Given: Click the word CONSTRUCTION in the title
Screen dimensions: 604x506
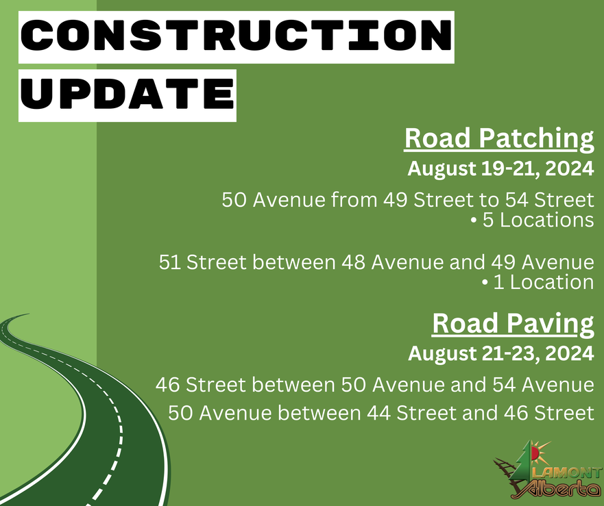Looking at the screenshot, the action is pos(236,36).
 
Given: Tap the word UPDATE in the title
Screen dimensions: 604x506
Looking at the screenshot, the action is pos(128,94).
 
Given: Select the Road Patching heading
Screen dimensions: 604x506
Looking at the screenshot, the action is pos(499,138).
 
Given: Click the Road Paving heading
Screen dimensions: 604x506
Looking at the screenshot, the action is pos(513,324).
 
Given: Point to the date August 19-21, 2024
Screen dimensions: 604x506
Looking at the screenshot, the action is pos(500,168).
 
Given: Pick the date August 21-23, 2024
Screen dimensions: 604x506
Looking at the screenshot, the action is pos(500,353).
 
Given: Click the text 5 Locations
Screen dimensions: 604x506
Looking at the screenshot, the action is pos(532,220).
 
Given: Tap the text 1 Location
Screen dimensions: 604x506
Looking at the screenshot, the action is pos(537,282).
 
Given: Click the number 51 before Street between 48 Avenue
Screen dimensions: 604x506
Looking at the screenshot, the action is pos(170,262).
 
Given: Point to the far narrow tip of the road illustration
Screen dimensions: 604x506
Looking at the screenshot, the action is pos(29,314).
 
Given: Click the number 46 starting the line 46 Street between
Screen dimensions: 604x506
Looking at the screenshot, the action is pos(167,385).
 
